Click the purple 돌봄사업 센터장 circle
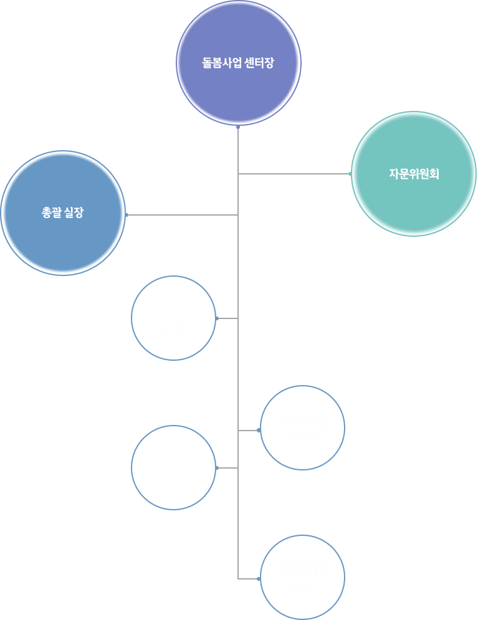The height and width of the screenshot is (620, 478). [x=238, y=63]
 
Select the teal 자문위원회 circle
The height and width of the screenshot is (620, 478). [x=414, y=174]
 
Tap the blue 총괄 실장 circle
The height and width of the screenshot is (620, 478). [x=62, y=212]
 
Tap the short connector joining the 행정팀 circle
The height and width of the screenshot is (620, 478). [x=227, y=318]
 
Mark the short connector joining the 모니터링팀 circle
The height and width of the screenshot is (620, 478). [x=249, y=430]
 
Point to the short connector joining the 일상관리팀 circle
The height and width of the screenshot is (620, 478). [x=249, y=579]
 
